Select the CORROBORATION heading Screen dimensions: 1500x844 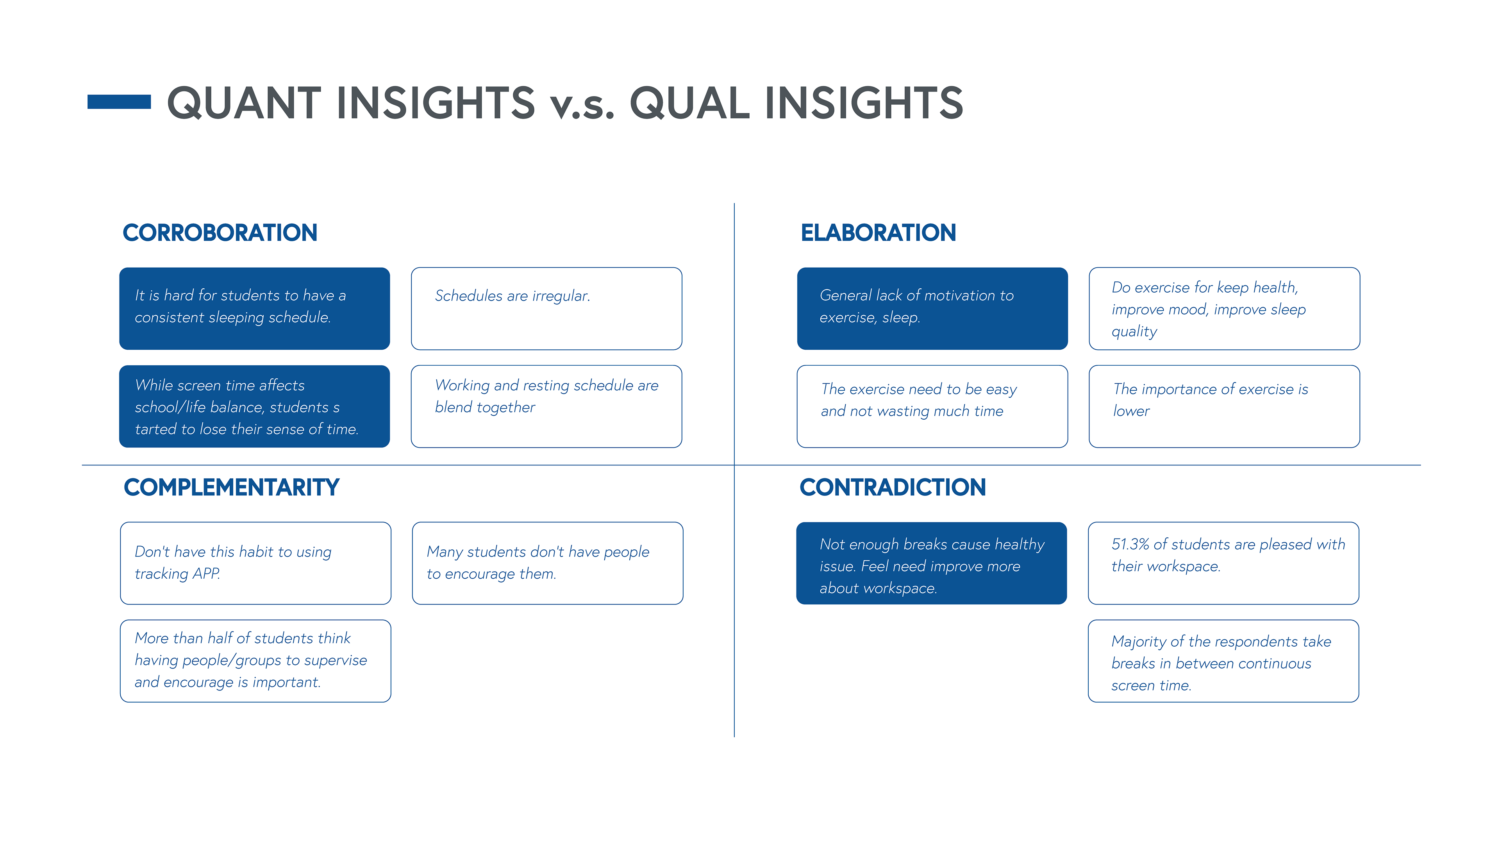click(220, 232)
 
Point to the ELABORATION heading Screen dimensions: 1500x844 click(878, 232)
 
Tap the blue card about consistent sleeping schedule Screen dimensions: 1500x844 click(254, 309)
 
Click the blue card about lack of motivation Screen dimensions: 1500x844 click(932, 309)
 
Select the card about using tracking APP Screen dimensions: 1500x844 click(255, 563)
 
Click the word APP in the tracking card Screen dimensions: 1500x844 click(207, 574)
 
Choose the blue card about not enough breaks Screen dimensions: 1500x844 click(932, 563)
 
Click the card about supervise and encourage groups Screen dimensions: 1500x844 click(255, 661)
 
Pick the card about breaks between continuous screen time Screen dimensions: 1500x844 click(1223, 661)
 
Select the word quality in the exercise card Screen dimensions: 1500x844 click(1134, 331)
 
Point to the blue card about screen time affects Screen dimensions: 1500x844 click(254, 406)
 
